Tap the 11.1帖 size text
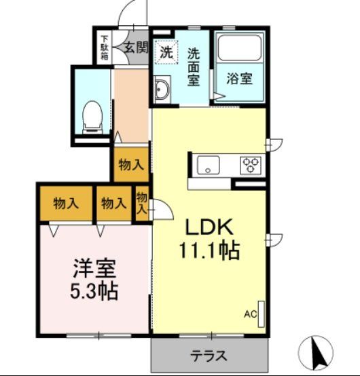[209, 250]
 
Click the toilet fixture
[90, 117]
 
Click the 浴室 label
[239, 78]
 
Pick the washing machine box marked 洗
[166, 50]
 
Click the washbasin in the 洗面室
[162, 90]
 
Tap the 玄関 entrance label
[136, 47]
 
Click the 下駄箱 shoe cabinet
[105, 47]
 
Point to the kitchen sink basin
[206, 164]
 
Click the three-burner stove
[249, 164]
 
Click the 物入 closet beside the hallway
[131, 164]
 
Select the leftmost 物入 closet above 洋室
[66, 203]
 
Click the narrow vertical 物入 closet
[142, 203]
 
